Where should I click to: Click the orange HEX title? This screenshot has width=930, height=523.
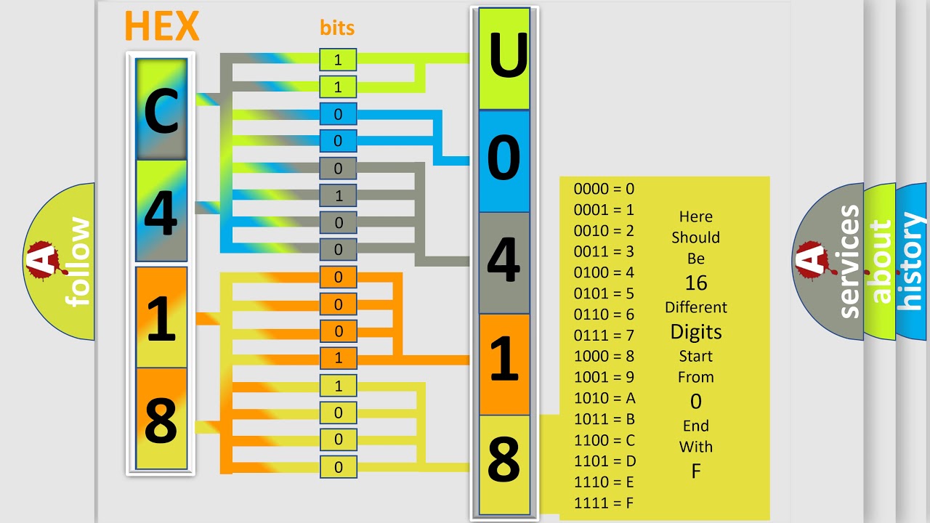[161, 27]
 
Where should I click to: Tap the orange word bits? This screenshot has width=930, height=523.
[337, 28]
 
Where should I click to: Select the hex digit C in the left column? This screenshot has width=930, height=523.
[161, 110]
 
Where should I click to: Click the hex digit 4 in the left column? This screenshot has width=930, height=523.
[161, 211]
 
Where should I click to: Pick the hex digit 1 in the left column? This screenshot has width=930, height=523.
[161, 317]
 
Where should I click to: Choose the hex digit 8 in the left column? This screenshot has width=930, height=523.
[161, 419]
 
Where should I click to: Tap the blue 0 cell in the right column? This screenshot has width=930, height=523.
[504, 160]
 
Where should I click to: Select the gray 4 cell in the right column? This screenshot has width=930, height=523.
[504, 261]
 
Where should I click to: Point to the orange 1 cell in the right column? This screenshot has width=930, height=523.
[504, 363]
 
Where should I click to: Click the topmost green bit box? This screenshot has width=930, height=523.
[338, 60]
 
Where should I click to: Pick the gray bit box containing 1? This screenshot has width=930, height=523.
[338, 195]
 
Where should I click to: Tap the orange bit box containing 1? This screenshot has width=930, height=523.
[338, 358]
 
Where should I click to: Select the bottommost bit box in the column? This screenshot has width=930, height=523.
[338, 467]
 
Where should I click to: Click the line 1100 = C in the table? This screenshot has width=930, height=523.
[604, 440]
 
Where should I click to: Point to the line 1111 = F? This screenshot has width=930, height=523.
[604, 503]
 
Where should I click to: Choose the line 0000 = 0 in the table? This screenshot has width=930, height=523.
[604, 189]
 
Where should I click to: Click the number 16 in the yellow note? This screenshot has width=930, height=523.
[696, 283]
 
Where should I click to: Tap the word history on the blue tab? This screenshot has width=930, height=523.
[911, 261]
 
